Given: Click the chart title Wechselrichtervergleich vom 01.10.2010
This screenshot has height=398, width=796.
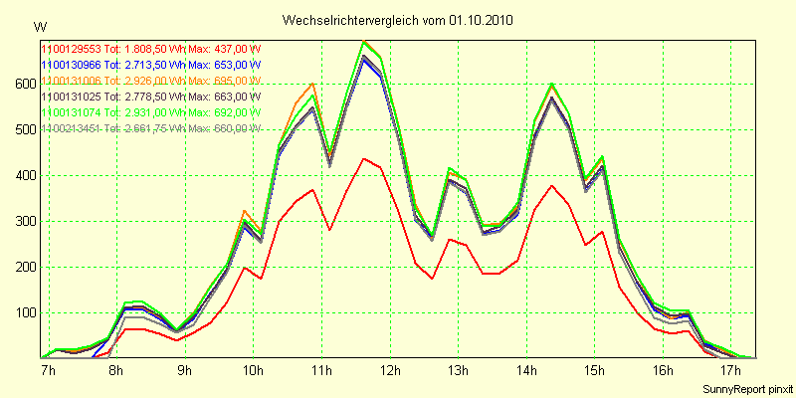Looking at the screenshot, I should click(x=398, y=20).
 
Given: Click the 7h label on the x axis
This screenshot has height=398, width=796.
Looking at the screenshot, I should click(x=48, y=371).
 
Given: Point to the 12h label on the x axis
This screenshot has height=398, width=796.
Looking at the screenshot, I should click(x=391, y=371).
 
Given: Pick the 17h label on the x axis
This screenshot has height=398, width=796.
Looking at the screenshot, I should click(x=733, y=371).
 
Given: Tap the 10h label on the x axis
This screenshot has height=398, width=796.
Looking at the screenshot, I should click(x=253, y=371).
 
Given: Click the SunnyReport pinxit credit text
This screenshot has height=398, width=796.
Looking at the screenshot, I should click(x=747, y=387).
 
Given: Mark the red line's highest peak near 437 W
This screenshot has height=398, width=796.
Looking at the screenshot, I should click(x=365, y=158).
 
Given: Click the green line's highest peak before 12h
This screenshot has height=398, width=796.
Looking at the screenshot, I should click(x=365, y=41).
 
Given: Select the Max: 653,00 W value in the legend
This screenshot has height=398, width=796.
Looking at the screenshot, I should click(x=225, y=64).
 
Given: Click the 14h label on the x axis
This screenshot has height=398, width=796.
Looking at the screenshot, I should click(x=527, y=371).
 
